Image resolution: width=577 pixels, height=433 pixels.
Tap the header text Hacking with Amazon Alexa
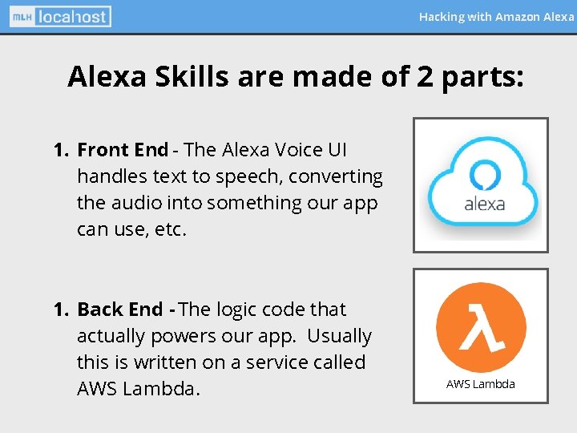click(x=496, y=16)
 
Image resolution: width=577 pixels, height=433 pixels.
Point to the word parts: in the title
click(x=484, y=77)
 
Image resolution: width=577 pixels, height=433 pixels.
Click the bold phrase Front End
click(x=123, y=150)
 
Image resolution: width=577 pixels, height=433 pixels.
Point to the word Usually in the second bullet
click(x=339, y=336)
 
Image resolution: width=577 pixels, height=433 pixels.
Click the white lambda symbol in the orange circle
click(x=481, y=326)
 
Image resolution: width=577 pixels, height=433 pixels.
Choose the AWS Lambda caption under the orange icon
click(x=481, y=384)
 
